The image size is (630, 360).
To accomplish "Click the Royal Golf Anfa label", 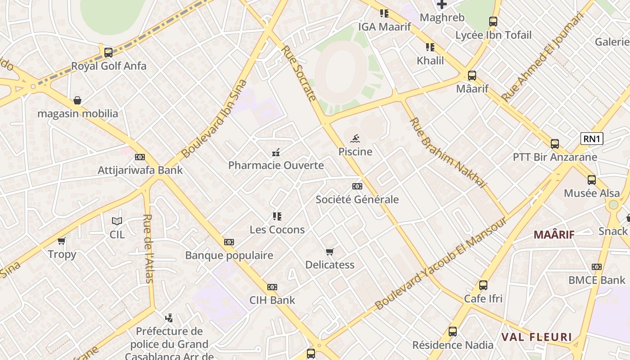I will (x=109, y=66).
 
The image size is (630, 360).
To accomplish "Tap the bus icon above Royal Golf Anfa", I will (x=108, y=52).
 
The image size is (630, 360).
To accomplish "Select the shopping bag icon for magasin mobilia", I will (x=77, y=100).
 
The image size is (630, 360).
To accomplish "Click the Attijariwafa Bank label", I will (x=140, y=170).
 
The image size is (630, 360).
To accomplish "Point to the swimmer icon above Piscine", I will (x=355, y=138).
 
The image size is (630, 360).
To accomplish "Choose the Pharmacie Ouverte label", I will (x=276, y=165).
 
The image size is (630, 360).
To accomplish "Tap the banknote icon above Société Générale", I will (x=357, y=186).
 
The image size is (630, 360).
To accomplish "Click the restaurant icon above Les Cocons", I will (x=277, y=216).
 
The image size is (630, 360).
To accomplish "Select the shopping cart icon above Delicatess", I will (x=330, y=252).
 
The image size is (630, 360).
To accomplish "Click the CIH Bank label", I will (x=272, y=300).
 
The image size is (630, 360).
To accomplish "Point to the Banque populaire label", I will (x=229, y=256).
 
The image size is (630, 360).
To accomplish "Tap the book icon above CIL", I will (x=117, y=221).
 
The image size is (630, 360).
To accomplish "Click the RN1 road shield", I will (x=591, y=139).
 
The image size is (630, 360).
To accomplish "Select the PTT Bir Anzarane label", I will (x=555, y=157).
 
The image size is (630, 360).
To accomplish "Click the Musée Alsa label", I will (x=592, y=193).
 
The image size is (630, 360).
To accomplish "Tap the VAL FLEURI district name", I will (x=536, y=337).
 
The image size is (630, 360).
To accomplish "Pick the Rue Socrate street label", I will (x=299, y=73).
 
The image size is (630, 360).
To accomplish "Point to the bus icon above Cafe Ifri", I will (x=483, y=285).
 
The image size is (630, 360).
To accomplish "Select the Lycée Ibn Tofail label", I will (x=493, y=35).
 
